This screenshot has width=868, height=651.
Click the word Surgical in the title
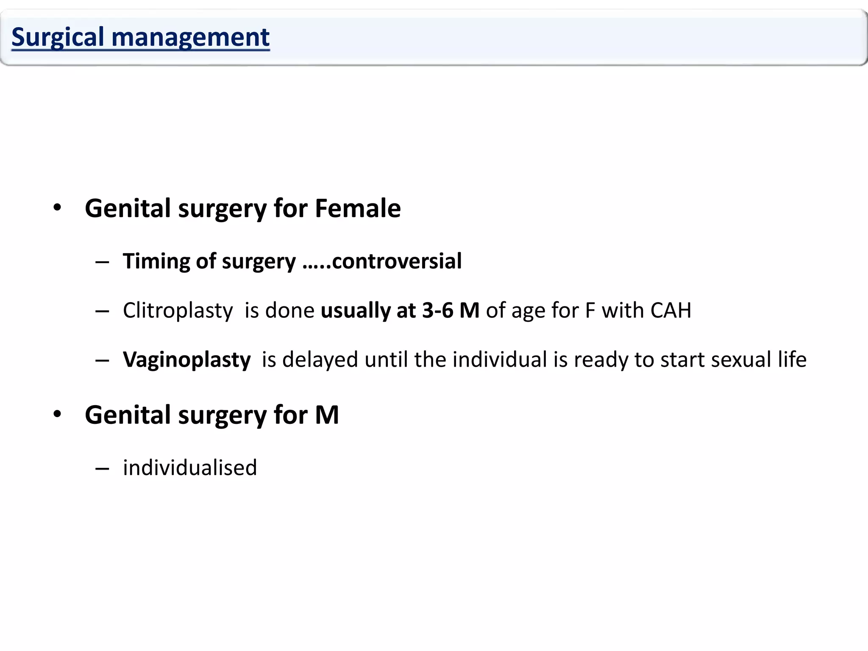click(x=58, y=37)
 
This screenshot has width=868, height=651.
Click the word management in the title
click(x=190, y=37)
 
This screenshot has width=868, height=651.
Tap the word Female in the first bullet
click(x=358, y=209)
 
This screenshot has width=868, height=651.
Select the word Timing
click(x=155, y=262)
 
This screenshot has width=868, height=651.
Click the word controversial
click(x=397, y=261)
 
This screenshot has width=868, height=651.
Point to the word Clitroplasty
click(x=178, y=311)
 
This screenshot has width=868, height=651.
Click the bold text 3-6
click(x=438, y=310)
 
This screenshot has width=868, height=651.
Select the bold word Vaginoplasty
click(x=187, y=360)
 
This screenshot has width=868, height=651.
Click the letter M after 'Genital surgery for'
click(x=327, y=415)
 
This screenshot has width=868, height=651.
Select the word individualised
click(x=190, y=468)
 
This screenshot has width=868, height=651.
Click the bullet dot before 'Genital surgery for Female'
click(x=57, y=208)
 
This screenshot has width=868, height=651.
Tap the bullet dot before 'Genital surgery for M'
click(x=57, y=414)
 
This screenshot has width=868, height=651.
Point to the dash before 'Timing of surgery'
click(x=102, y=262)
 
